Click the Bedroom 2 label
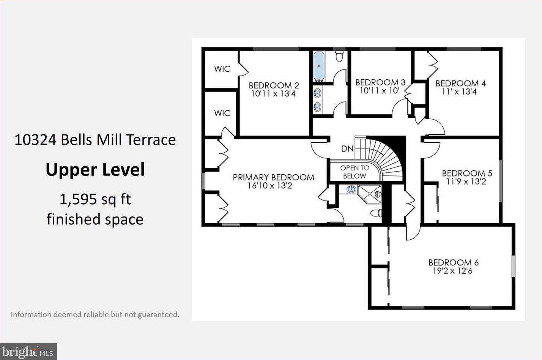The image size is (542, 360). [x=274, y=85]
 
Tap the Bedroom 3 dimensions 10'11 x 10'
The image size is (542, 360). [x=380, y=91]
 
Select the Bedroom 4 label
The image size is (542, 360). [x=461, y=84]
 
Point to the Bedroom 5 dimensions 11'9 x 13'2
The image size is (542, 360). [x=466, y=182]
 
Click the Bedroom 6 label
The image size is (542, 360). [x=454, y=262]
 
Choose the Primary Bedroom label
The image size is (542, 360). [x=273, y=177]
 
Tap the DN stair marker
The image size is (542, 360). [x=347, y=148]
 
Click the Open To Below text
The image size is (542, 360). [x=355, y=172]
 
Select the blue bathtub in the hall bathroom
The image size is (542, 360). [x=319, y=66]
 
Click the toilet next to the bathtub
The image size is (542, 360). [x=339, y=56]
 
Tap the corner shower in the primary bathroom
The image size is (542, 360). [x=369, y=194]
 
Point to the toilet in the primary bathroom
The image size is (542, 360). [x=376, y=213]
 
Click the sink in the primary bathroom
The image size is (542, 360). [x=351, y=189]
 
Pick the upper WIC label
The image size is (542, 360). [x=222, y=69]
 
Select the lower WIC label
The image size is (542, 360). [x=222, y=113]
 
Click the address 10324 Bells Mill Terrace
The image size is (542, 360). [x=95, y=140]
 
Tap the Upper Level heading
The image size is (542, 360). [x=95, y=170]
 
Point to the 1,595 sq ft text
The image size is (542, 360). [x=95, y=200]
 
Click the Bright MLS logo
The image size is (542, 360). [x=28, y=352]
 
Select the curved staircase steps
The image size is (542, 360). [x=385, y=157]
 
